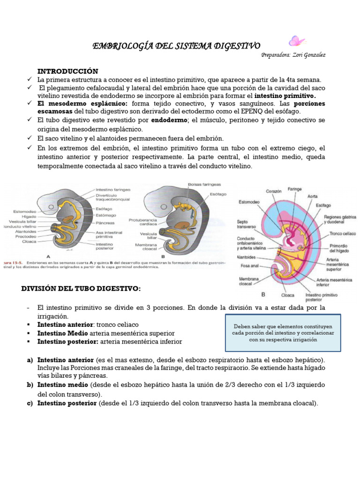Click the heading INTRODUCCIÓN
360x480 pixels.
point(68,71)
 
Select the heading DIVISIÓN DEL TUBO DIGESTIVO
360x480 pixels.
point(81,288)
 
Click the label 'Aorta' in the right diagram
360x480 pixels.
point(313,196)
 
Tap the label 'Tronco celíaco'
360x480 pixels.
point(342,233)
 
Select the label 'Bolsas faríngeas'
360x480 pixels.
point(205,184)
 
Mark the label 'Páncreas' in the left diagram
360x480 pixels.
point(106,222)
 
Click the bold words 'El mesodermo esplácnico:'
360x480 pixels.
point(82,103)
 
